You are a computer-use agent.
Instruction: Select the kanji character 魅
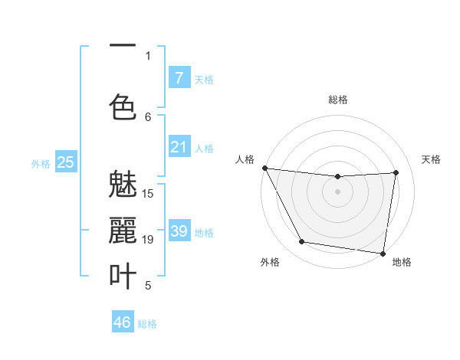pos(123,185)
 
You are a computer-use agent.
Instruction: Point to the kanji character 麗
pos(123,231)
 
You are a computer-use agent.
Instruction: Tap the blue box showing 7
pos(179,77)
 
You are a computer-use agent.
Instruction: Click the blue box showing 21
pos(179,146)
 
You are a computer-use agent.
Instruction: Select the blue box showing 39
pos(179,231)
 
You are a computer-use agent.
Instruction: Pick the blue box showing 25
pos(66,162)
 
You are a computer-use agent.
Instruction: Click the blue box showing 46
pos(123,322)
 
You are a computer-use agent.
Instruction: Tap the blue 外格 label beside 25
pos(41,162)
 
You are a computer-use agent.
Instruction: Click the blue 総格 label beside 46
pos(147,324)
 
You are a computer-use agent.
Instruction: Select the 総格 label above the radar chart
pos(337,100)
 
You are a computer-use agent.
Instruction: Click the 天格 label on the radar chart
pos(431,159)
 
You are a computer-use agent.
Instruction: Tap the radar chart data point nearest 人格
pos(264,168)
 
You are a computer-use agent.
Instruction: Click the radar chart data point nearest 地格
pos(383,253)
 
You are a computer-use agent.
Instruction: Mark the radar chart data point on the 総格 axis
pos(337,177)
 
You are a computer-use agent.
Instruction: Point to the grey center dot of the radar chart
pos(337,191)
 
